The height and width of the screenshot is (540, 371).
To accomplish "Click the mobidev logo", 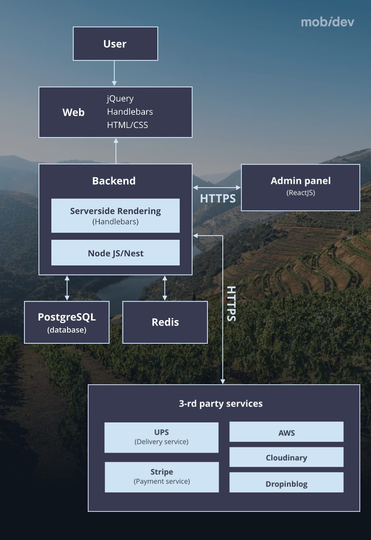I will click(x=328, y=22).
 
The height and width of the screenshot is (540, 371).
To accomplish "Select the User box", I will click(x=115, y=43).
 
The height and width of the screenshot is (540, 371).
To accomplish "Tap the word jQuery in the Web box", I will click(x=120, y=99).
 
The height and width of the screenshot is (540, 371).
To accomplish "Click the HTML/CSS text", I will click(x=127, y=125).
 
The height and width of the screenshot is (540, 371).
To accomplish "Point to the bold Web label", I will click(x=73, y=112).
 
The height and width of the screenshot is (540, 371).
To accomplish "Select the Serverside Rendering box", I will click(x=115, y=215).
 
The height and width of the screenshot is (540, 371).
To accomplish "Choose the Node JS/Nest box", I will click(x=115, y=253).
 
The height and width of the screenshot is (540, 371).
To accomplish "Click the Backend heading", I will click(x=113, y=181).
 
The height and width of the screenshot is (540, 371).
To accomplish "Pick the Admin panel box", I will click(x=300, y=187).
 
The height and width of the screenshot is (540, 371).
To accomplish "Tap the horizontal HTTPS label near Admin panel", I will click(x=218, y=198).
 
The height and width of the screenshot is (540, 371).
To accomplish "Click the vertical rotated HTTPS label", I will click(x=231, y=304).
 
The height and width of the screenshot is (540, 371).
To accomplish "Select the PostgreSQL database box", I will click(x=67, y=322).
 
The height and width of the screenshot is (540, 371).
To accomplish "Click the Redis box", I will click(x=165, y=322).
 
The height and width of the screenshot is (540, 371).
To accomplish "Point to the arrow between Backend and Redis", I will click(x=165, y=288).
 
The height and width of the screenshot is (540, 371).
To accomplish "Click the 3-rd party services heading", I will click(x=221, y=403).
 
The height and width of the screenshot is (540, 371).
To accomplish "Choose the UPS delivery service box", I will click(x=161, y=437).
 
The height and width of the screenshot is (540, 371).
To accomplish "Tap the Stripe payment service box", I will click(x=161, y=477).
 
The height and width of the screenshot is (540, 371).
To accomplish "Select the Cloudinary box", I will click(x=286, y=457).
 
